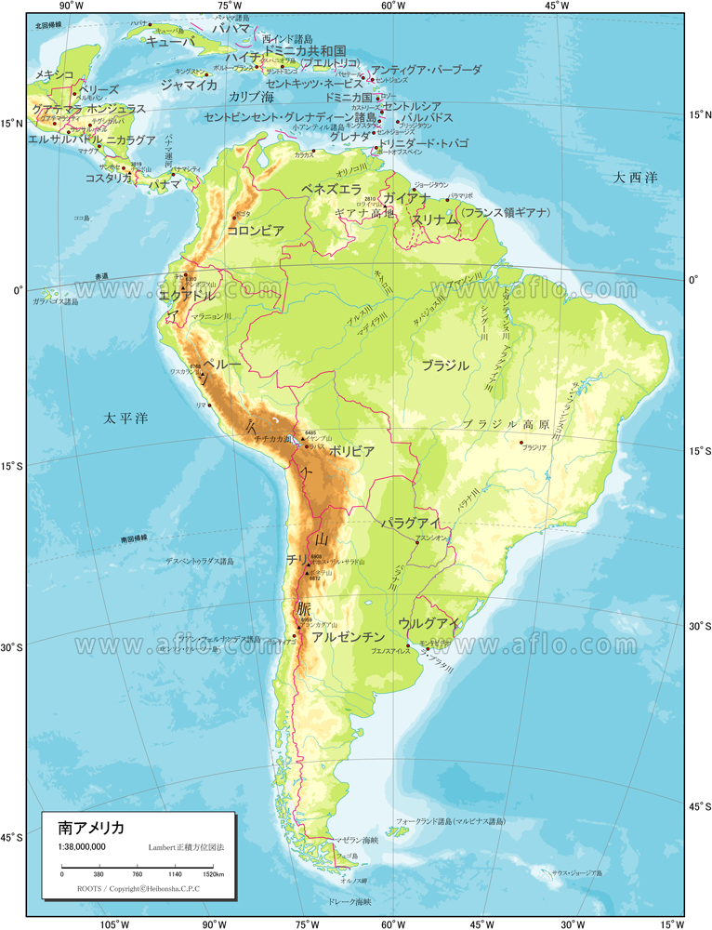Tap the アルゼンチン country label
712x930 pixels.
coord(348,637)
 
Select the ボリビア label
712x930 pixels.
coord(351,451)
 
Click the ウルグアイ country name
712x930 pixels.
coord(429,623)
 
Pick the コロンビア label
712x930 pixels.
coord(255,230)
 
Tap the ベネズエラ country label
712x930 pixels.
coord(331,189)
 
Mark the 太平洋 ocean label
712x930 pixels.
coord(125,418)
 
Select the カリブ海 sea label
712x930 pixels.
coord(251,98)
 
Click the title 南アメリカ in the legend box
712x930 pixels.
coord(91,827)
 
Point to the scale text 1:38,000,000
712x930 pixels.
coord(82,846)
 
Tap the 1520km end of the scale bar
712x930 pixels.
coord(213,875)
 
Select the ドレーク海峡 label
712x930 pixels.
coord(349,901)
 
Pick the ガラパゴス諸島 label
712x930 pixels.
coord(56,301)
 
